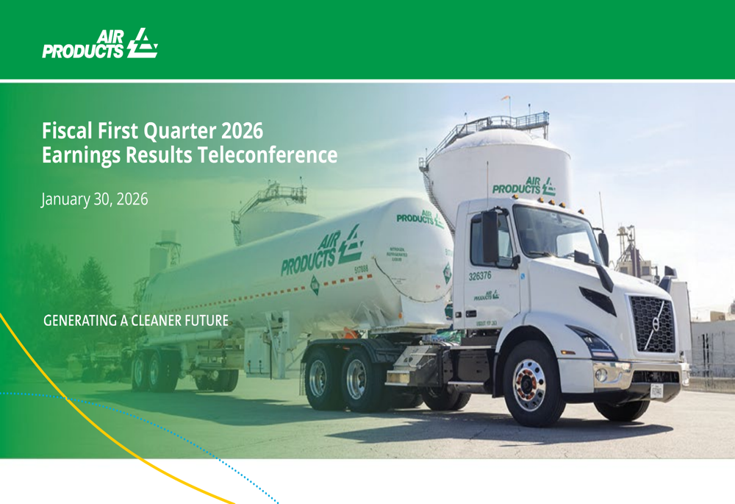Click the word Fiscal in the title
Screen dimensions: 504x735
63,132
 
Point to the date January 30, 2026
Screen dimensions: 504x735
95,199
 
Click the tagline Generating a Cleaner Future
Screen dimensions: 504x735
136,321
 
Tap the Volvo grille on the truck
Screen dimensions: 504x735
653,323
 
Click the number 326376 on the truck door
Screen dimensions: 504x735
481,276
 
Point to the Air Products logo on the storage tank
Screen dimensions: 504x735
523,185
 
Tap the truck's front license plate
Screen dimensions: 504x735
656,391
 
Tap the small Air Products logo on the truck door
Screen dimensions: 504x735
486,295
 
